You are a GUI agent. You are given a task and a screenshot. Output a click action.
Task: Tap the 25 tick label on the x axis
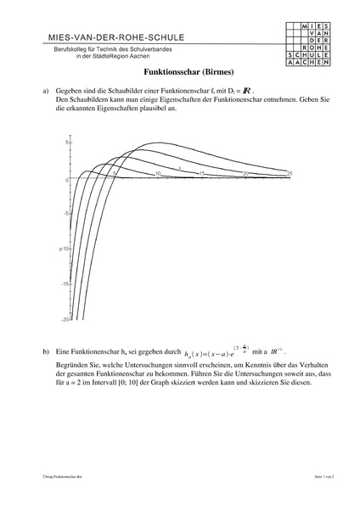[290, 173]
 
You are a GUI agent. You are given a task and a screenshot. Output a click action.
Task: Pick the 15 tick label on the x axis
[201, 173]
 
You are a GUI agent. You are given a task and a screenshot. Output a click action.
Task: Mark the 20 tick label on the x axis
[245, 173]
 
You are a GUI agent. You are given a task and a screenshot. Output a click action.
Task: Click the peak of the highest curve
[159, 143]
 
